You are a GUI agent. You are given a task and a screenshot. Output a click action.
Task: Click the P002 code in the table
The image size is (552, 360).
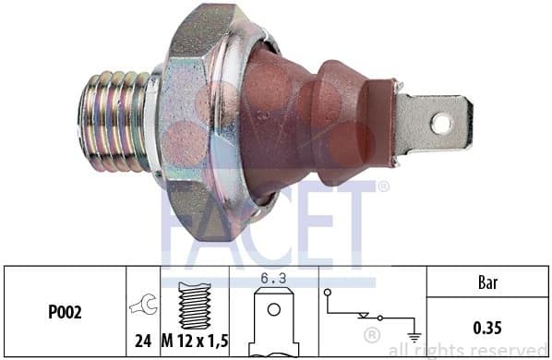tap(64, 313)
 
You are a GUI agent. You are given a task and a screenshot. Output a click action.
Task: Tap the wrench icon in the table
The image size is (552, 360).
tap(144, 304)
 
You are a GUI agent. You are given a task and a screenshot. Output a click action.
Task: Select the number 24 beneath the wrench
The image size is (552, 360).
tap(143, 341)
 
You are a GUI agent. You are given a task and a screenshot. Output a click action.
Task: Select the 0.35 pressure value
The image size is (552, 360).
tap(487, 326)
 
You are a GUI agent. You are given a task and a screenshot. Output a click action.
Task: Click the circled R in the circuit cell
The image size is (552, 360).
tap(371, 333)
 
